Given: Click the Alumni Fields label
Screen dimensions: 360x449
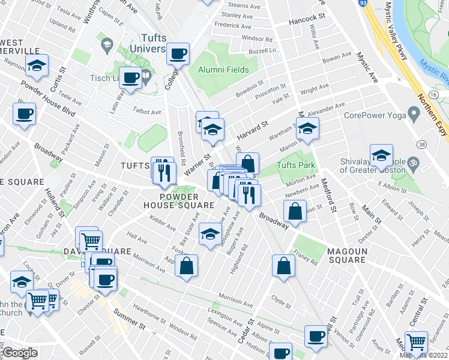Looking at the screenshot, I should (x=223, y=70).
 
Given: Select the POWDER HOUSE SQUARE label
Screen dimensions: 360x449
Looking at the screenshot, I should (x=186, y=201).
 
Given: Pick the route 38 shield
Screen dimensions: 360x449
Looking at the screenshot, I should (x=423, y=145).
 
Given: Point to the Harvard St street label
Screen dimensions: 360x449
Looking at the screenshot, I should (x=250, y=128).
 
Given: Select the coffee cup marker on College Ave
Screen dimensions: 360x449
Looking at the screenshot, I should (x=178, y=53).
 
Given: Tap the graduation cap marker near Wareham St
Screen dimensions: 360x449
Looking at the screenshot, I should (x=307, y=129).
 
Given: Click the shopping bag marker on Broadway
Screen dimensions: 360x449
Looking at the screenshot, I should (x=295, y=211).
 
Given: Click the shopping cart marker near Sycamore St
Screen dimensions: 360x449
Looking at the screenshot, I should (x=416, y=343).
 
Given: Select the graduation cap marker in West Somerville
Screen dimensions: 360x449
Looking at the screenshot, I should (x=37, y=65).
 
